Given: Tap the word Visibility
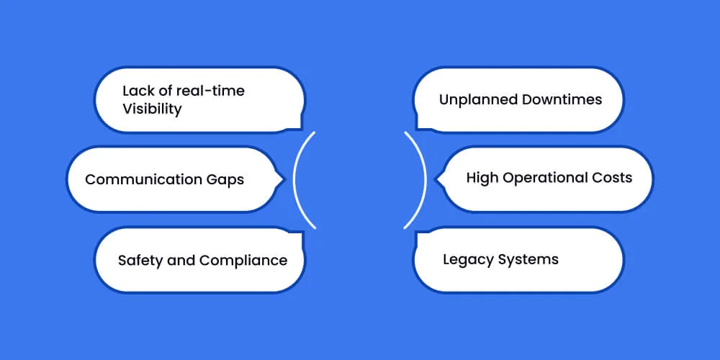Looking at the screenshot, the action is pos(152,109).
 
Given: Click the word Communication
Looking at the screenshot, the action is pos(140,179).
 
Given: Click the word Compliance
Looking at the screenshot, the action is pos(243,261).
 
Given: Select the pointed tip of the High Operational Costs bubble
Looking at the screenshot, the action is pos(436,179).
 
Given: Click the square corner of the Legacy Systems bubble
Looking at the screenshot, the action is pos(416,232).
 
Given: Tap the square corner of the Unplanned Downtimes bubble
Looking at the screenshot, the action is pos(416,129).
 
